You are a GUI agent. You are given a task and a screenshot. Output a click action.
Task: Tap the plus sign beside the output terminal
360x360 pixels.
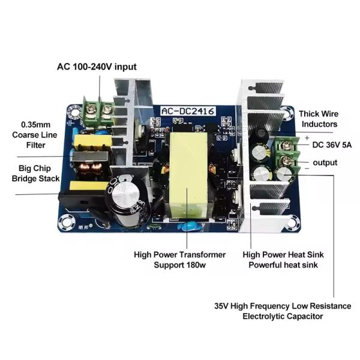pos(306,137)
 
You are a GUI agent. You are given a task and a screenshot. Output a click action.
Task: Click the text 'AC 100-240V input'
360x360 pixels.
pos(97,67)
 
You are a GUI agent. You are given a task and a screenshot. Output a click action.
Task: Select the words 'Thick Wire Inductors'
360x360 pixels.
pos(318,118)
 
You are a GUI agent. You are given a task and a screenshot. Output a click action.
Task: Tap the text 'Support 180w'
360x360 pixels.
pos(180,265)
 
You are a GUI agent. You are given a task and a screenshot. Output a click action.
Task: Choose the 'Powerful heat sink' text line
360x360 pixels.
pos(283,265)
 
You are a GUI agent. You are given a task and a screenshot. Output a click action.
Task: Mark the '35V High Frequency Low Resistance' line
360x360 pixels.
pos(283,305)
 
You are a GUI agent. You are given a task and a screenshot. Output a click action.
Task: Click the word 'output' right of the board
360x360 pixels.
pos(325,163)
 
